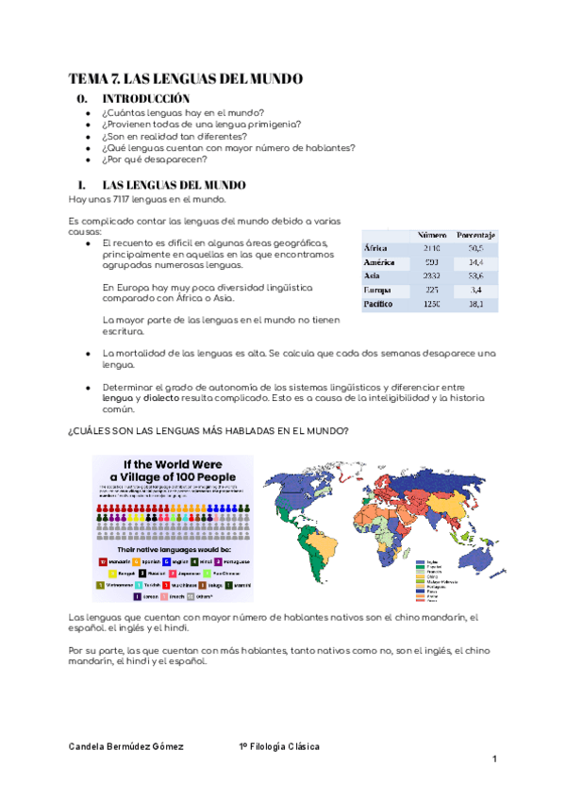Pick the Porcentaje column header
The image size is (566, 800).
click(x=477, y=233)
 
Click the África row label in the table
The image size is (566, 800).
click(x=375, y=247)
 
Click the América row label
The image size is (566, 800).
click(x=379, y=261)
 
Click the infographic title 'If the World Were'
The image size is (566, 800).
click(x=173, y=464)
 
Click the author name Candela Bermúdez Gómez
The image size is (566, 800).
click(x=126, y=746)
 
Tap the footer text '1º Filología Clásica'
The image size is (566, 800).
click(x=280, y=746)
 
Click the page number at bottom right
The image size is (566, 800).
click(x=492, y=759)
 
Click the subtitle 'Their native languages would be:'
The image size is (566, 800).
click(x=172, y=546)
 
